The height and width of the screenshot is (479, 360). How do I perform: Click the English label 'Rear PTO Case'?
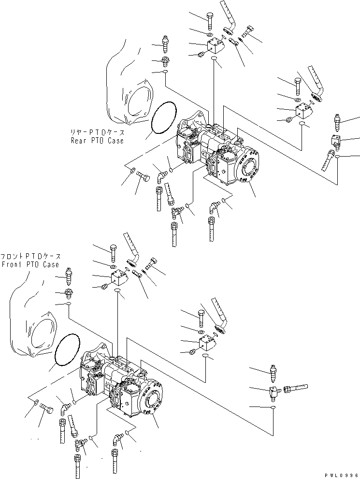97,141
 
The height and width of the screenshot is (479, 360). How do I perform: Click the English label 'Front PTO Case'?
30,264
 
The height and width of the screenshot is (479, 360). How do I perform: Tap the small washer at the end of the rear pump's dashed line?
132,170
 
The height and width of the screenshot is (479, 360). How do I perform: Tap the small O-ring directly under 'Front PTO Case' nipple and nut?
70,304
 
